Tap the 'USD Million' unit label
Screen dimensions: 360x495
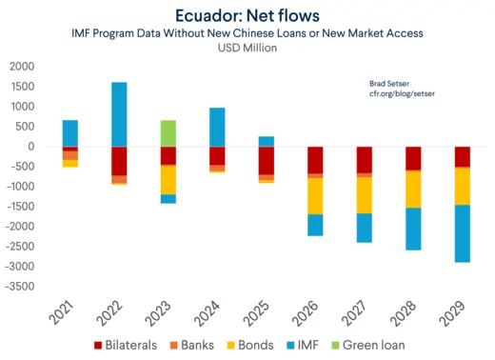[x=247, y=49]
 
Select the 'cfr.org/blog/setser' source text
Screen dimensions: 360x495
[x=403, y=95]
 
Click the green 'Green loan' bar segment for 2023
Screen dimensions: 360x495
[x=168, y=132]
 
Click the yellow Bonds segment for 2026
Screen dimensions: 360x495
[x=314, y=196]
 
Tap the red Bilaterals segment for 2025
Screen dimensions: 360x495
[x=266, y=160]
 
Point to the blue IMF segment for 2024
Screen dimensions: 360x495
[x=217, y=127]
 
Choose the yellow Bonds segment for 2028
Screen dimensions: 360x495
[x=412, y=189]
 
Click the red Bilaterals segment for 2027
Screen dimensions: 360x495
[x=364, y=160]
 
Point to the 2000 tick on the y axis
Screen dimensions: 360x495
[x=21, y=67]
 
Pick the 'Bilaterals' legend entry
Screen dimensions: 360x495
[x=125, y=345]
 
